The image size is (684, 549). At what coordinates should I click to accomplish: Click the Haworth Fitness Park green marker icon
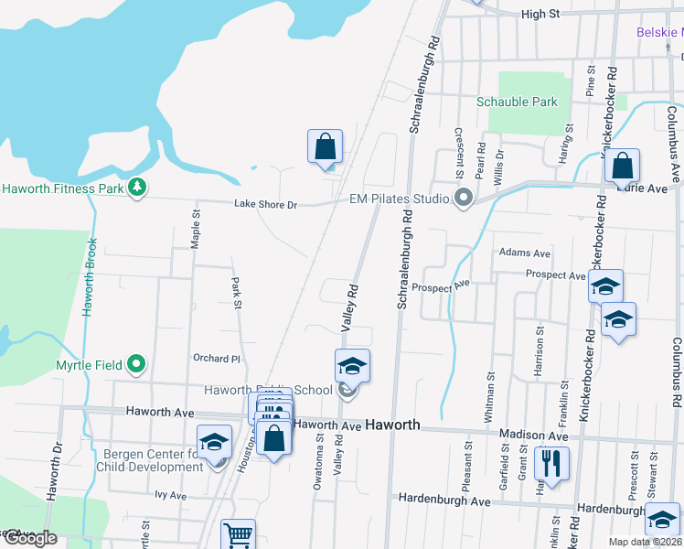click(x=137, y=188)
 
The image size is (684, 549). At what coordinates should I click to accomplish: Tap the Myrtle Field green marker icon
click(x=137, y=364)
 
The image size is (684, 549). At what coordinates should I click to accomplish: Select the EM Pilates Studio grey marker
click(x=464, y=198)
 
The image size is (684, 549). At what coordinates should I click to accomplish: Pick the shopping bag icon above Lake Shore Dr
click(x=325, y=146)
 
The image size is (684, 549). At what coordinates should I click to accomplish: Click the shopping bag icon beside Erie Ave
click(x=622, y=167)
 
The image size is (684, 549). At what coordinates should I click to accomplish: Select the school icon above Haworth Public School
click(x=352, y=366)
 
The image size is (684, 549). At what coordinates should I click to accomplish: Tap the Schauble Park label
click(x=517, y=102)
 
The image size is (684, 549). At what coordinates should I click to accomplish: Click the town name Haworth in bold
click(x=392, y=425)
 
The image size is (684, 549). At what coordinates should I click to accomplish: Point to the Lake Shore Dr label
click(x=266, y=205)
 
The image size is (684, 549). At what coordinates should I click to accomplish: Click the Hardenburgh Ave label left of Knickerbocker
click(x=444, y=501)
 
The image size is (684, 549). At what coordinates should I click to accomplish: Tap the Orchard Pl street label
click(x=216, y=359)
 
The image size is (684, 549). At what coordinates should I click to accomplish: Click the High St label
click(x=540, y=14)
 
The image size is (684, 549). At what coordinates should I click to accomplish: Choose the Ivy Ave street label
click(x=170, y=496)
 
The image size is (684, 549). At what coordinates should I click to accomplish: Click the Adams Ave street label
click(x=525, y=253)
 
